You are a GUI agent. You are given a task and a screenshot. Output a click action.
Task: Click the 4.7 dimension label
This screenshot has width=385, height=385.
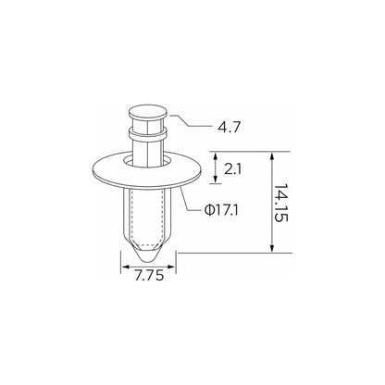pos(229,127)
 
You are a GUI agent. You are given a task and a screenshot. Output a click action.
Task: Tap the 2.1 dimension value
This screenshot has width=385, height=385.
pos(233,169)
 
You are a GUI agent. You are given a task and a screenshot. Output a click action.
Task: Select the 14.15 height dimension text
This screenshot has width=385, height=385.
pos(281,204)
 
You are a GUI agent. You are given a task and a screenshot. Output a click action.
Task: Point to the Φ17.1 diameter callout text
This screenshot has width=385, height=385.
pos(221,211)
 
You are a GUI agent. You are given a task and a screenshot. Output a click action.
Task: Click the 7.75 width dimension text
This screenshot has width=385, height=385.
pos(149,276)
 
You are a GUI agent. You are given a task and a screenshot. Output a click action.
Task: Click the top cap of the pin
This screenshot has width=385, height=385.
pos(148,112)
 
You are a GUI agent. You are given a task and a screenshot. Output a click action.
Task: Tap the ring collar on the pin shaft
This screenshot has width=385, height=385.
pos(148,134)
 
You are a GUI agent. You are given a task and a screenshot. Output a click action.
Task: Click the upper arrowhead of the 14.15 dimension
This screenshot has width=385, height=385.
pos(272,155)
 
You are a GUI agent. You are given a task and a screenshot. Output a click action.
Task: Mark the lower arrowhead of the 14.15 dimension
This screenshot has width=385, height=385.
pos(272,249)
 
